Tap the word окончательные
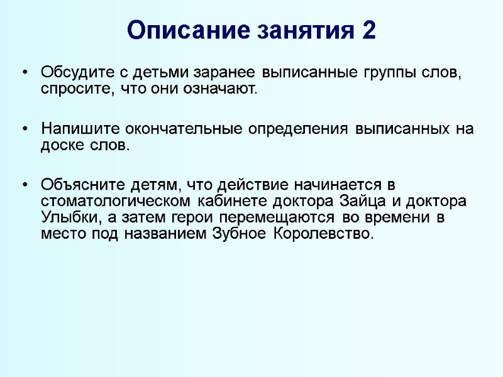pyautogui.click(x=170, y=129)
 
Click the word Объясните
pyautogui.click(x=80, y=186)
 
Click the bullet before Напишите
pyautogui.click(x=25, y=129)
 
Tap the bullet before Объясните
pyautogui.click(x=25, y=187)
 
